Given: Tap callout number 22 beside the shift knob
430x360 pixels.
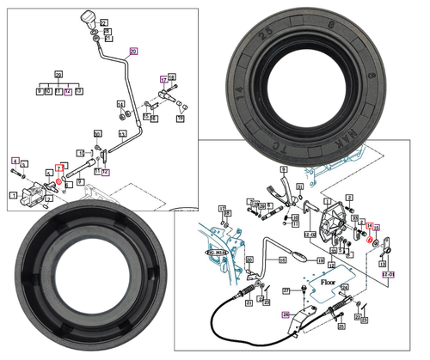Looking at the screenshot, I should pos(105,22).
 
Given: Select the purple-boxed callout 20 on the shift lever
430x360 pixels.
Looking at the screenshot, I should pos(132,52).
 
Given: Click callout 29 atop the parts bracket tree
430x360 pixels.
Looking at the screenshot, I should pos(58,76).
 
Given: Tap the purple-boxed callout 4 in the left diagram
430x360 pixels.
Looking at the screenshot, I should pos(15,161).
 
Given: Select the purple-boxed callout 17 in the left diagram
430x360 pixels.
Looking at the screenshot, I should pos(163,79).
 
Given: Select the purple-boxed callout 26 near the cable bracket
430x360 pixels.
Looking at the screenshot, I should pos(286,314).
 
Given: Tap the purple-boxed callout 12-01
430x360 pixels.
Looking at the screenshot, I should pos(388,275).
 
